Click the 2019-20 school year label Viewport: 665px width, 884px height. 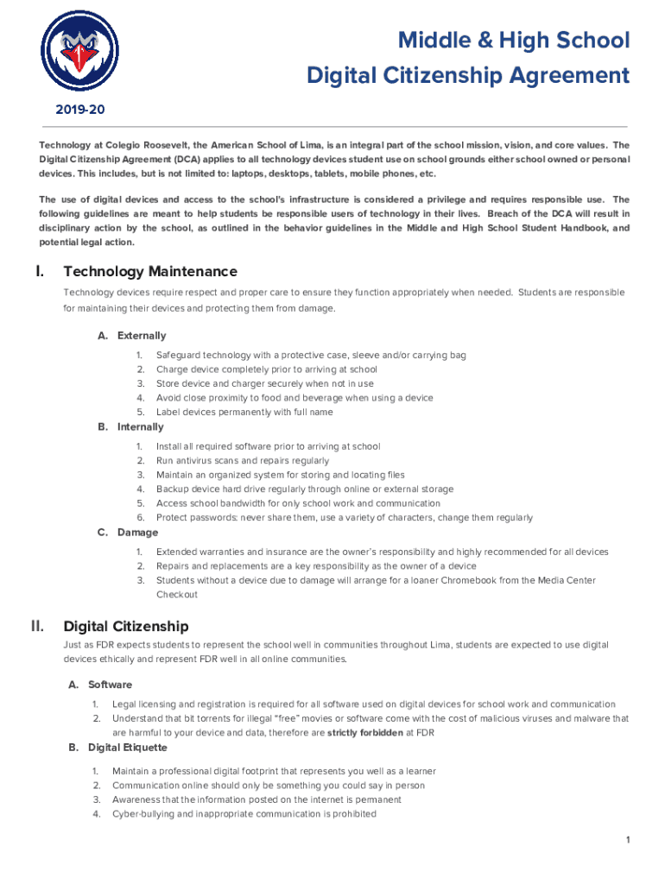pos(79,110)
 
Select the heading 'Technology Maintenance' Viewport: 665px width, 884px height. pos(149,272)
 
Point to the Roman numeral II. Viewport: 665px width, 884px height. pos(38,626)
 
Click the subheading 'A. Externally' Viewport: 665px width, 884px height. pos(132,336)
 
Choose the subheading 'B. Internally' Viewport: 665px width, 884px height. pos(130,427)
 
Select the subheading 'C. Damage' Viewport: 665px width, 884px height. pos(127,533)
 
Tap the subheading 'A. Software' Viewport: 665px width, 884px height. pos(100,685)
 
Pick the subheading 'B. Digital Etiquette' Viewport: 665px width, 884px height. pos(117,748)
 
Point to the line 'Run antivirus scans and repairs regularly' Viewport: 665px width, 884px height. pos(243,461)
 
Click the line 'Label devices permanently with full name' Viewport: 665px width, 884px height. pos(244,412)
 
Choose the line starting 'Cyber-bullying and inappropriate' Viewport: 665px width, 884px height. pos(244,813)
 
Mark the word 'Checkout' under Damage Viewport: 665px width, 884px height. pos(177,595)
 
